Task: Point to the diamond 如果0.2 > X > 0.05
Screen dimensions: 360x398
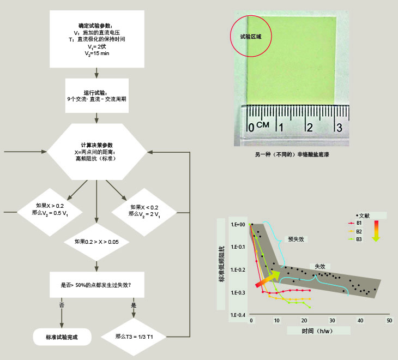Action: [96, 241]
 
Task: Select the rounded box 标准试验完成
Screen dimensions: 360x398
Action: [61, 337]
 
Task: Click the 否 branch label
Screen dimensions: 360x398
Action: [61, 305]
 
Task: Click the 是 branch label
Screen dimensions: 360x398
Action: [134, 305]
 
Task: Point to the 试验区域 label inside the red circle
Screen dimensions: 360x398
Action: [251, 37]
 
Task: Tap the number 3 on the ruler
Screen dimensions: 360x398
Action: [338, 128]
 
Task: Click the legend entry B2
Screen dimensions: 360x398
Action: [359, 231]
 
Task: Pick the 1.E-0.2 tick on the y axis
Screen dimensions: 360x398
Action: [238, 269]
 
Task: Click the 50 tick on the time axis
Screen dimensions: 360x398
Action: [388, 321]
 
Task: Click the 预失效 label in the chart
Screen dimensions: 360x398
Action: [296, 238]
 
